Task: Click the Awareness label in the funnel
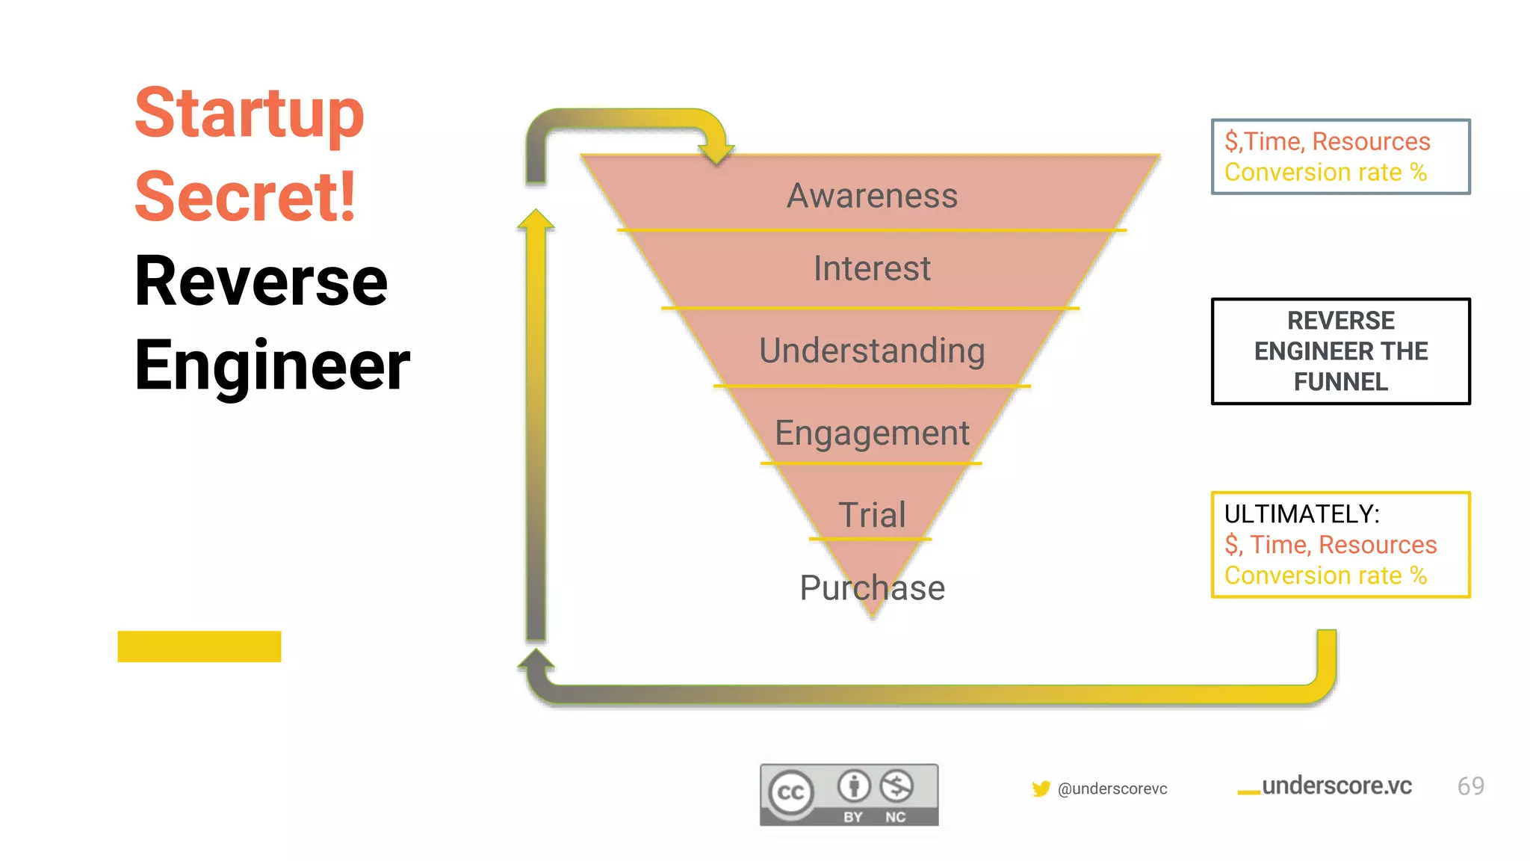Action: pyautogui.click(x=872, y=196)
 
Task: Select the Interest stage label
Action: pyautogui.click(x=872, y=268)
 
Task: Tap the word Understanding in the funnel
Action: pyautogui.click(x=872, y=351)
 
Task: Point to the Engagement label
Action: pyautogui.click(x=872, y=433)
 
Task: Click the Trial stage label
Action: pyautogui.click(x=872, y=514)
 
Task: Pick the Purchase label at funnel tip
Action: pyautogui.click(x=872, y=587)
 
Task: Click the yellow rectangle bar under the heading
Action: pyautogui.click(x=199, y=646)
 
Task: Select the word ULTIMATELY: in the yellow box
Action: pyautogui.click(x=1301, y=514)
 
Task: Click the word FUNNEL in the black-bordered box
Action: pyautogui.click(x=1340, y=382)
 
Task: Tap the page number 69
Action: pyautogui.click(x=1470, y=786)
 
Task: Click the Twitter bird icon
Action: pyautogui.click(x=1041, y=789)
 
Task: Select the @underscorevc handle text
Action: pyautogui.click(x=1112, y=789)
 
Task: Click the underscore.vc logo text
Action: pyautogui.click(x=1336, y=786)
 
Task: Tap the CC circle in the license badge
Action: pyautogui.click(x=790, y=792)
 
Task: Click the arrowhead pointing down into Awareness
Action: pyautogui.click(x=716, y=152)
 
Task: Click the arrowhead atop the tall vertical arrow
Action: pyautogui.click(x=536, y=220)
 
